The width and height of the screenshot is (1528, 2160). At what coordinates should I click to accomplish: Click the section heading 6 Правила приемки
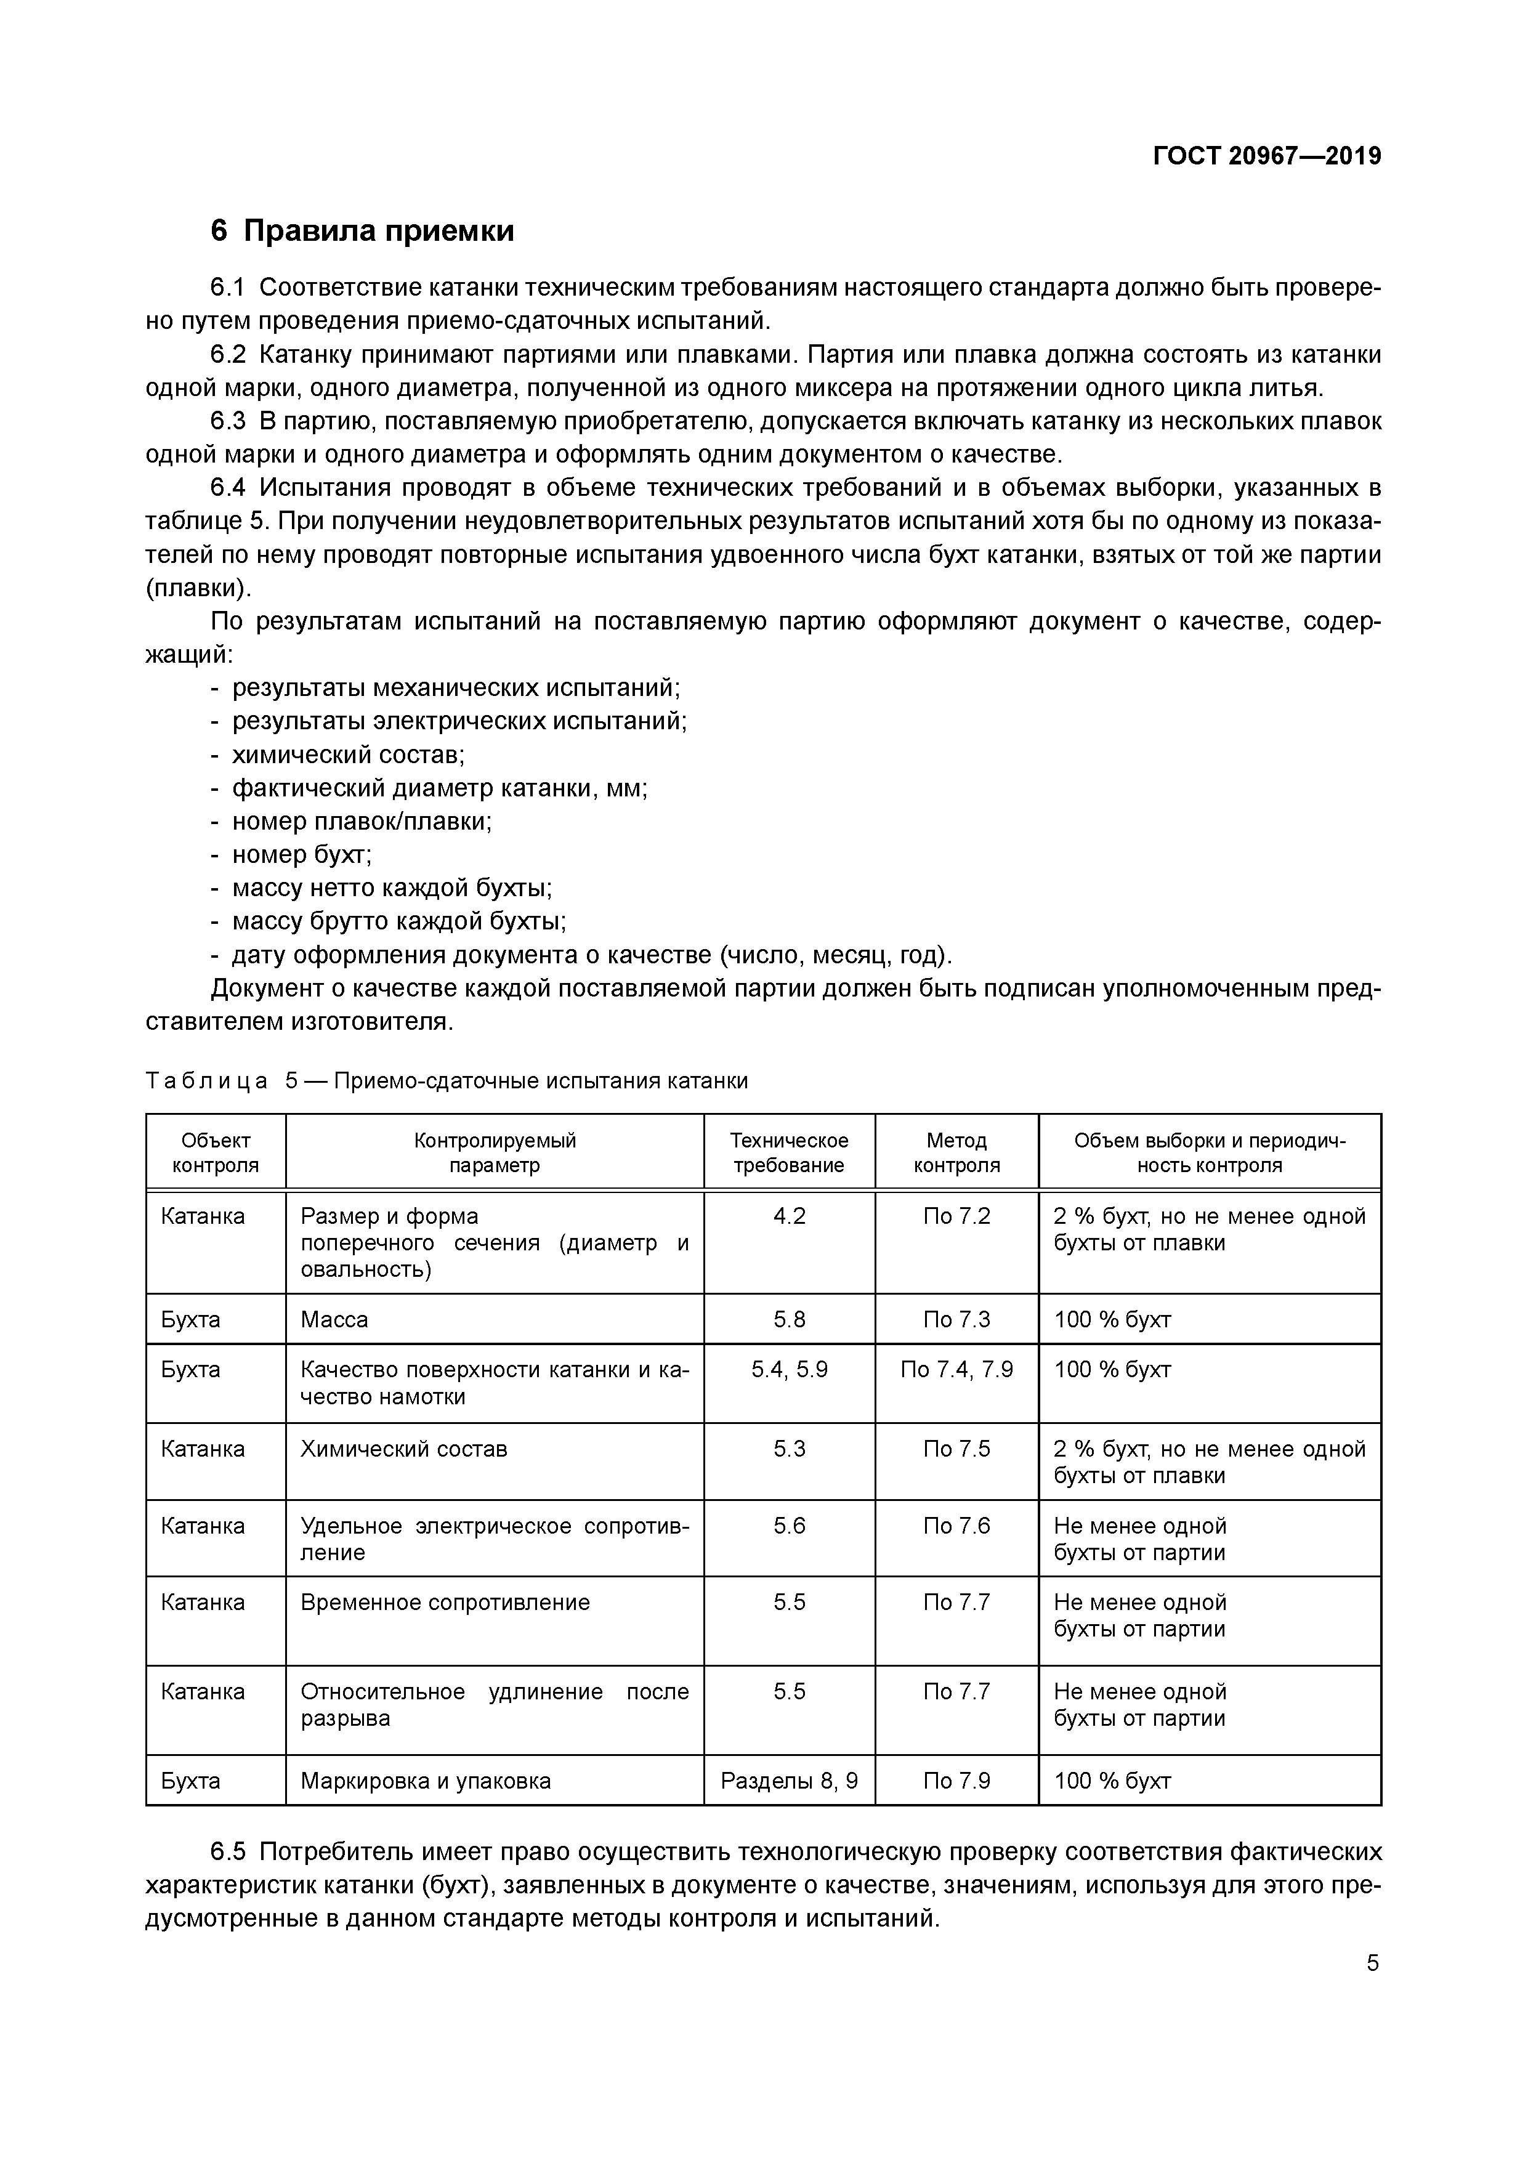point(362,230)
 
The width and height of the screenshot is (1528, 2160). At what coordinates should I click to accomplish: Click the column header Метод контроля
point(956,1152)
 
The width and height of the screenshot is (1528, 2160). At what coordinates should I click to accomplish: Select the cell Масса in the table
point(334,1320)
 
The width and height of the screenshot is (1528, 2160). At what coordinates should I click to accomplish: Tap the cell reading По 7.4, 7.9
point(956,1370)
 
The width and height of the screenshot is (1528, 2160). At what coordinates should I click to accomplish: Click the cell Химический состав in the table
point(403,1449)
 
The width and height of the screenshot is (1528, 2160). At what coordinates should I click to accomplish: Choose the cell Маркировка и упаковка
point(426,1781)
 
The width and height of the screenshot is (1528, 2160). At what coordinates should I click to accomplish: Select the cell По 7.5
point(956,1449)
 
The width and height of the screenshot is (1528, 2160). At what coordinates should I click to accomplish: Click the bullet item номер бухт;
point(301,854)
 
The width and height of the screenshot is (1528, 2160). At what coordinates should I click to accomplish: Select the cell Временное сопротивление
point(445,1602)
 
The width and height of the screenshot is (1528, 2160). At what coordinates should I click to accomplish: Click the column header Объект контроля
point(216,1152)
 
